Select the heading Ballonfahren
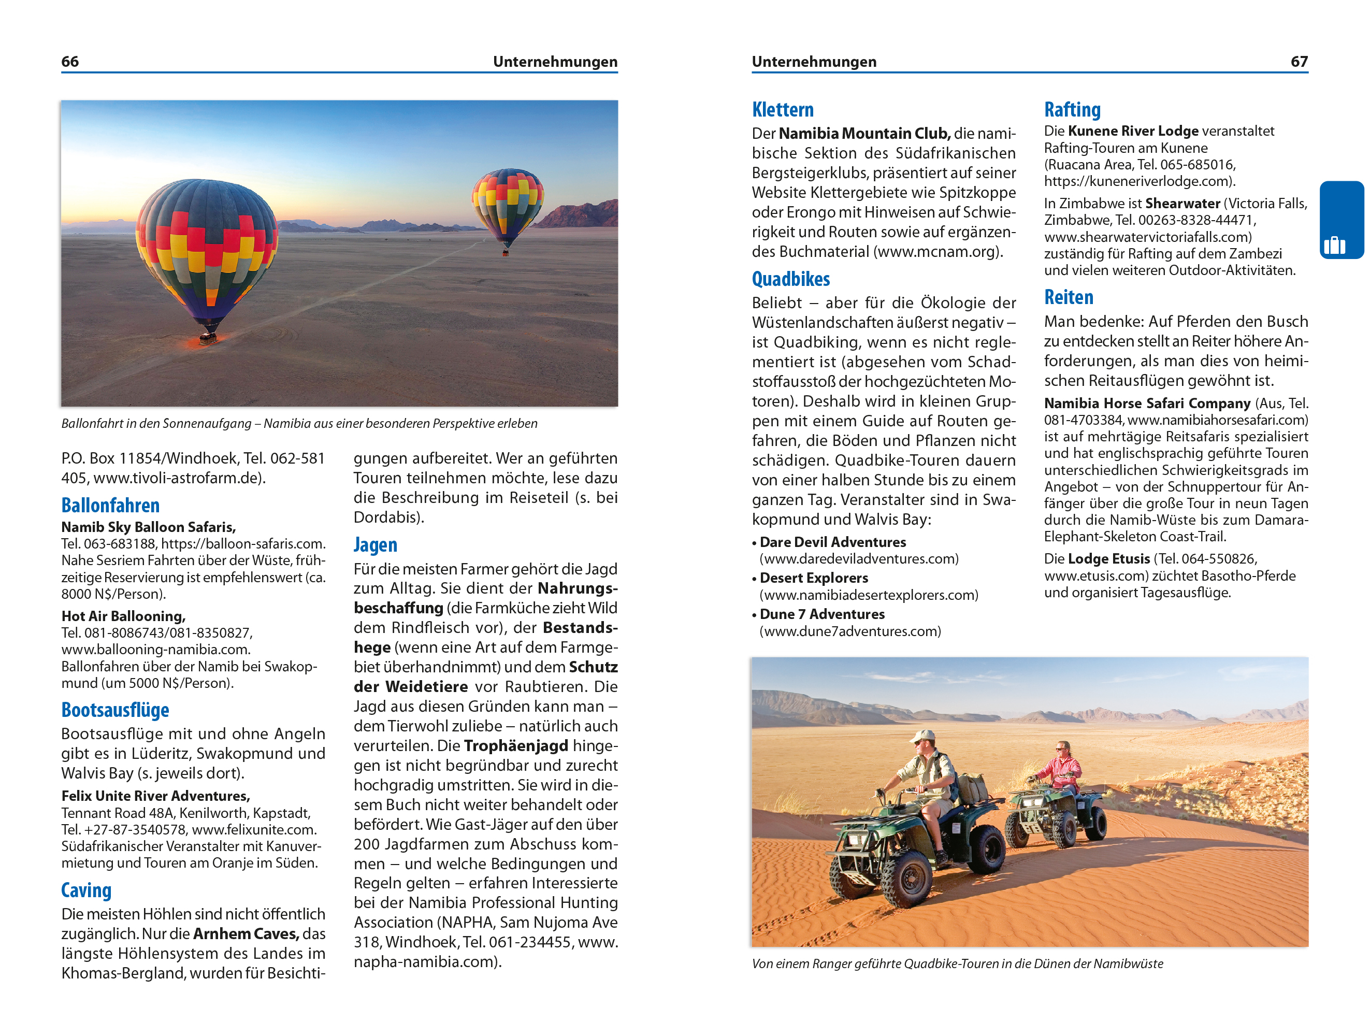[110, 505]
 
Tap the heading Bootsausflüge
[115, 710]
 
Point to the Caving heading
[86, 890]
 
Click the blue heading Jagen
[376, 545]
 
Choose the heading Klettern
[783, 110]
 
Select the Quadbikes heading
[791, 279]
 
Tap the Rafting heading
[1072, 110]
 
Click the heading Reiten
[1069, 297]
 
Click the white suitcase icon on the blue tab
[1334, 245]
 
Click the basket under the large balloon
[208, 338]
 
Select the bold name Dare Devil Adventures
[832, 542]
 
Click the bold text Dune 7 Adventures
[822, 614]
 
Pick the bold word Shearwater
[1182, 204]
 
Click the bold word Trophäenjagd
[516, 745]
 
